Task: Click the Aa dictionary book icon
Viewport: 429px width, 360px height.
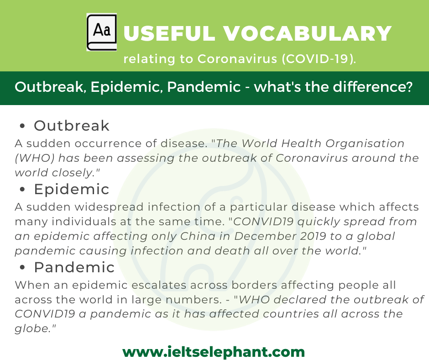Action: tap(101, 32)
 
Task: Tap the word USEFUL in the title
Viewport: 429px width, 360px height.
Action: tap(169, 33)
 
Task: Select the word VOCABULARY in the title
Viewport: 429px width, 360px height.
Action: tap(308, 33)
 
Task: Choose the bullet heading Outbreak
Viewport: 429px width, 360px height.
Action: tap(72, 126)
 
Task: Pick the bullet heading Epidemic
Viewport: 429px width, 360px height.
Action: tap(72, 189)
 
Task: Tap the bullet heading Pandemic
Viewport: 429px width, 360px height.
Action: tap(74, 267)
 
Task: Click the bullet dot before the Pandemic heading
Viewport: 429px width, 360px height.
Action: tap(22, 267)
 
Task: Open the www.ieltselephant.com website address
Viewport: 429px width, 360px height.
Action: tap(214, 352)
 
